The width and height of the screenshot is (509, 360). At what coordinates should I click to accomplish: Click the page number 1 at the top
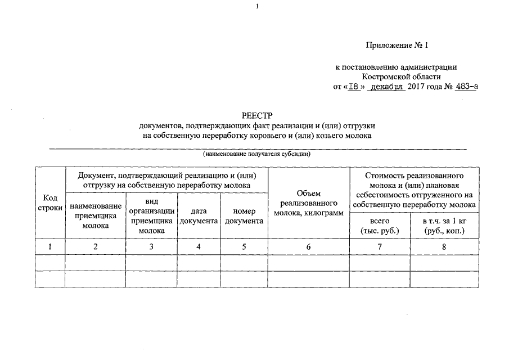(257, 6)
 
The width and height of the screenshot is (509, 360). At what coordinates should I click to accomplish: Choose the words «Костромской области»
(402, 77)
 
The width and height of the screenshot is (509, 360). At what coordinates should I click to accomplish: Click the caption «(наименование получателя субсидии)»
(257, 154)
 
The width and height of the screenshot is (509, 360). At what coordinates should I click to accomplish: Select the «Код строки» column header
(49, 202)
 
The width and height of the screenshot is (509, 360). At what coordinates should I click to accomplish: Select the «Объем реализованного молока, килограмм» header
(308, 204)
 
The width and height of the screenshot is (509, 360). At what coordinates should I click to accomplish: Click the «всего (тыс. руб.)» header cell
(380, 226)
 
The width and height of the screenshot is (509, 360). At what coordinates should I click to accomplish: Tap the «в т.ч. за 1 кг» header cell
(444, 226)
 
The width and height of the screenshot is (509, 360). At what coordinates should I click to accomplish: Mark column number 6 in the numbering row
(308, 246)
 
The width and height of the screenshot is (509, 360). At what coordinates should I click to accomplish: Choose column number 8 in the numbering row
(444, 246)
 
